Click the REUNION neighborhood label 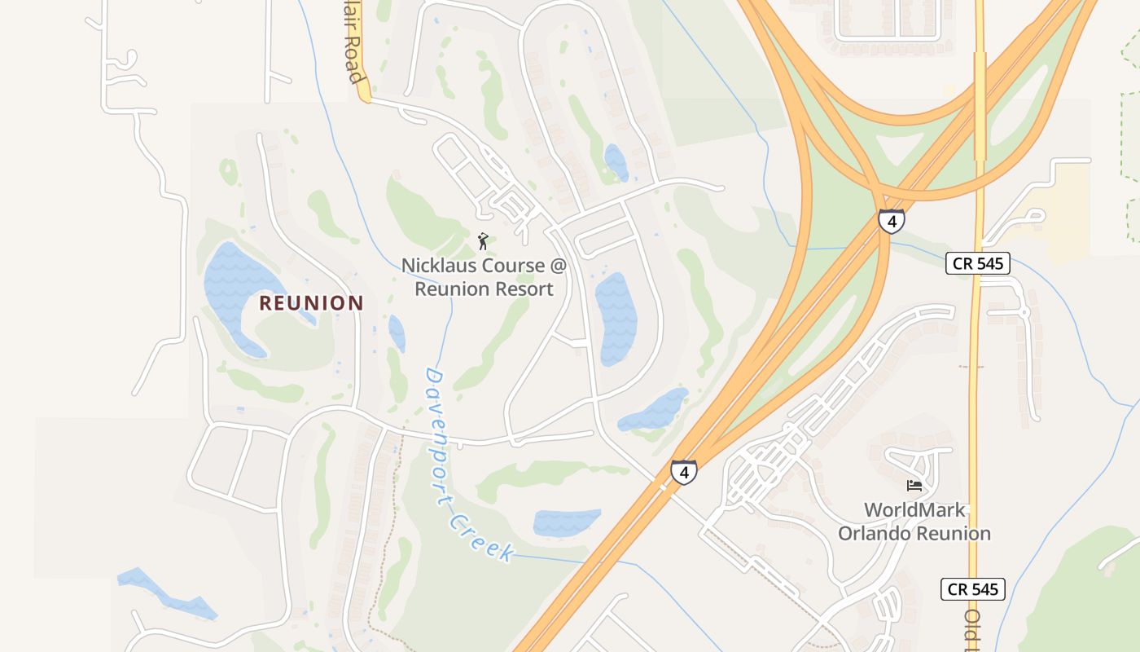click(x=311, y=303)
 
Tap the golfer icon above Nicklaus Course click(x=483, y=241)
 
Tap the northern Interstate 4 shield click(x=891, y=221)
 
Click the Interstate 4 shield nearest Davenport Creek click(x=683, y=472)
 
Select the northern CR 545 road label click(x=977, y=263)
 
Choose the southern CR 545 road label click(x=972, y=589)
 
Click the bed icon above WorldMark click(x=914, y=486)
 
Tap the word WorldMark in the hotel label click(x=914, y=510)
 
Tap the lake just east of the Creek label click(x=566, y=522)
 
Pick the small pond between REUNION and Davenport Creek click(x=397, y=333)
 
